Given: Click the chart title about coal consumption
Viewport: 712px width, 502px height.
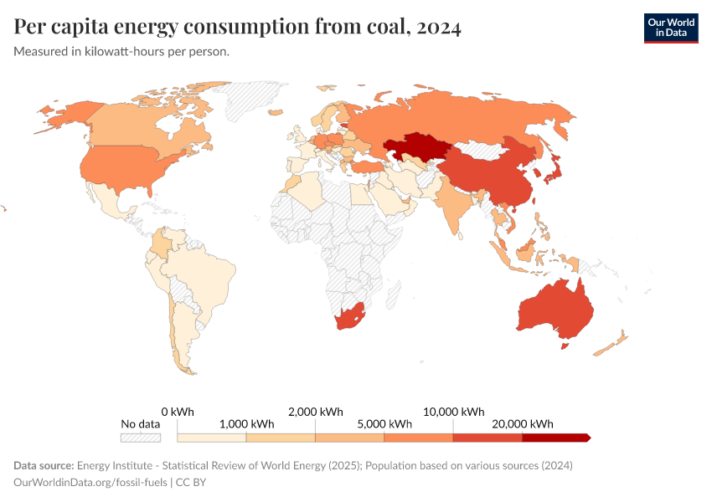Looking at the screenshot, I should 237,28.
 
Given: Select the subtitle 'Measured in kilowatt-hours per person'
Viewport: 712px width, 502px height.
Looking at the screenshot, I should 121,52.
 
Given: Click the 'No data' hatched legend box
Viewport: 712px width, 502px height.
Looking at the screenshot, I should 140,438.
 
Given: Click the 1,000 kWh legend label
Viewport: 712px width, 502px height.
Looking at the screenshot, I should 246,424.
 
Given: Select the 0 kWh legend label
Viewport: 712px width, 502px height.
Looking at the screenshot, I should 178,412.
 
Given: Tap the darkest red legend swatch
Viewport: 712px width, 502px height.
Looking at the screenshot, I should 555,438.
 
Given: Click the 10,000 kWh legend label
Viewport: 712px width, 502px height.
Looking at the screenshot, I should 452,412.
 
